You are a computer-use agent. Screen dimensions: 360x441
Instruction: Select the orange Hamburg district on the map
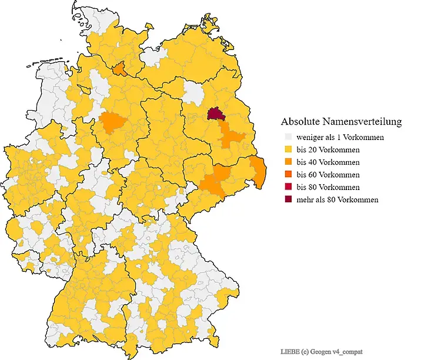click(119, 69)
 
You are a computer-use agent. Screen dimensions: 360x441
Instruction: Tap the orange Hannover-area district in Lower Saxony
click(112, 125)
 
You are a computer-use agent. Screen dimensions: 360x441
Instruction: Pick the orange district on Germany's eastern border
click(258, 169)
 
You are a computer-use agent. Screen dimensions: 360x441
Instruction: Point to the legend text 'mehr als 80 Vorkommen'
click(337, 199)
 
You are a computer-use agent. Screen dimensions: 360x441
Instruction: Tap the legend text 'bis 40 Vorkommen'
click(328, 162)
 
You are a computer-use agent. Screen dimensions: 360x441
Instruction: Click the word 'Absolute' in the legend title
click(300, 122)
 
